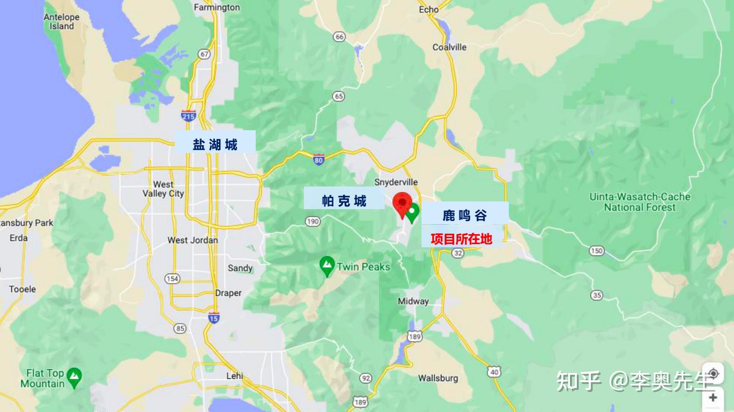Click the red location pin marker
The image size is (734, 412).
point(402,204)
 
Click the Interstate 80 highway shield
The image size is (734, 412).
point(318,160)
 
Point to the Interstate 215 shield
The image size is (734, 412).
point(188,116)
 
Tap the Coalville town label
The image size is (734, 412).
point(449,47)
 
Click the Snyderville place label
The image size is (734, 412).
point(396,182)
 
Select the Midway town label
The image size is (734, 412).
point(413,301)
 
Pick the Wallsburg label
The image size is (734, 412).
point(438,378)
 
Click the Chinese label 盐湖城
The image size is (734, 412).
point(215,144)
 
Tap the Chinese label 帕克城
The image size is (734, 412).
point(344,201)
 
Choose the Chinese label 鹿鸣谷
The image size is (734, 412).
point(464,215)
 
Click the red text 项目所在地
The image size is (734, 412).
point(461,239)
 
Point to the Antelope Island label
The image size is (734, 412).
point(62,21)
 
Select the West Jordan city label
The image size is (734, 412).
point(193,240)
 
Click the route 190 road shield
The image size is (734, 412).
point(312,221)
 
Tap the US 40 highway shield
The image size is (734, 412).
point(494,372)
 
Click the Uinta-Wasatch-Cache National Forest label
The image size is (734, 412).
point(640,202)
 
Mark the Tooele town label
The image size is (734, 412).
point(22,289)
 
